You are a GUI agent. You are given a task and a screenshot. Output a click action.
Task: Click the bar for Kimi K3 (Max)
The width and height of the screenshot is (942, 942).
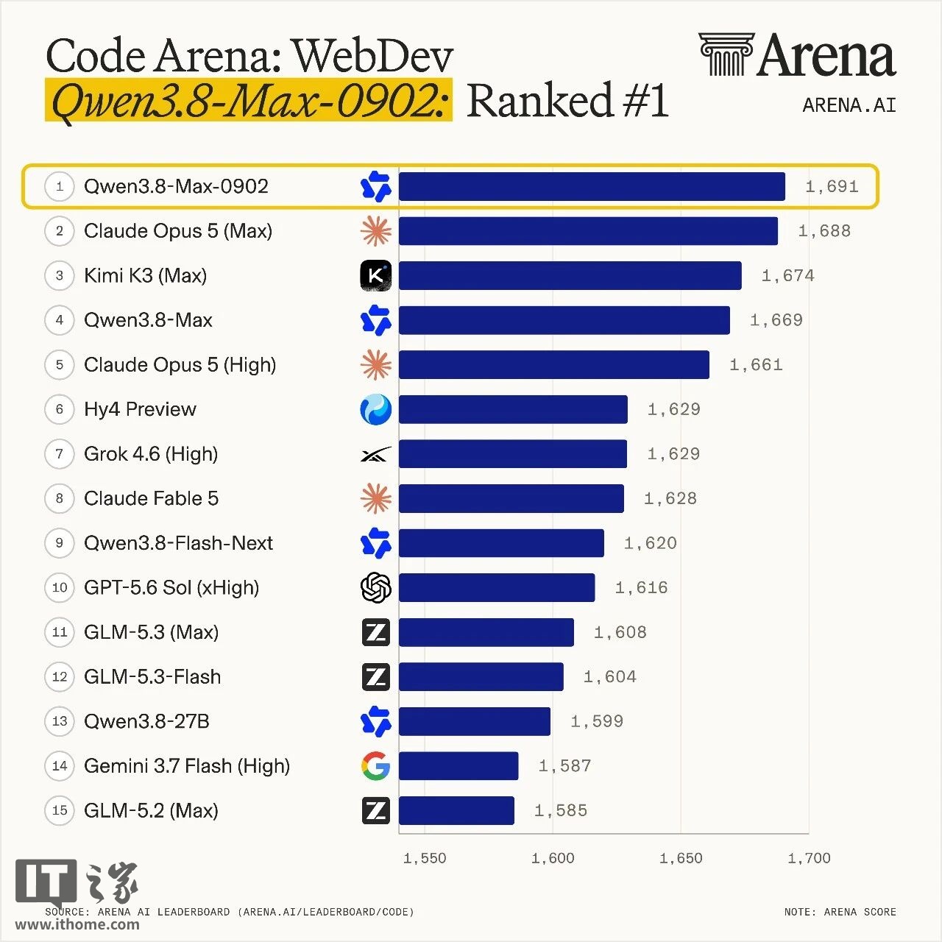(570, 276)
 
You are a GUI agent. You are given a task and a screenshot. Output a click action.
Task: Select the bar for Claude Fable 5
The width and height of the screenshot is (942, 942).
(511, 499)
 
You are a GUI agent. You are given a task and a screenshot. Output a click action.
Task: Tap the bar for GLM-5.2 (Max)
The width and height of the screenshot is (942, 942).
(456, 810)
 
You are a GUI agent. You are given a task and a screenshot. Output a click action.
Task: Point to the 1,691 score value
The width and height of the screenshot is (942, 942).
(832, 186)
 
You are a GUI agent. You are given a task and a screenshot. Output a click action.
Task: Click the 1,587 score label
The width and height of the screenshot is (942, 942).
(565, 765)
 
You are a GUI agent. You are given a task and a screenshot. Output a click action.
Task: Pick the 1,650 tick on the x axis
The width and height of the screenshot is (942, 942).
(681, 858)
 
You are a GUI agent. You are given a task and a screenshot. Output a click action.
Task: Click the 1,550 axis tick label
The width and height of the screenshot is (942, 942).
(425, 858)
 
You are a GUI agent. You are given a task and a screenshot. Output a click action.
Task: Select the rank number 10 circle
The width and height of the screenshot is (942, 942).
(60, 587)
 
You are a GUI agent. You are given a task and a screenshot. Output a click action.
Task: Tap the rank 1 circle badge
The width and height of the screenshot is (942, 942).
(60, 186)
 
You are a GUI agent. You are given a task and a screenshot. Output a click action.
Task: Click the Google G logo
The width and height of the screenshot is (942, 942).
(376, 766)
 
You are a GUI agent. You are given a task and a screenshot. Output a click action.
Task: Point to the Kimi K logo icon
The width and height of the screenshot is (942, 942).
(376, 276)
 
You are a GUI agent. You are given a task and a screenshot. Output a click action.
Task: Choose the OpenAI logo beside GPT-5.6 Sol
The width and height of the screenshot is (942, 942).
(376, 587)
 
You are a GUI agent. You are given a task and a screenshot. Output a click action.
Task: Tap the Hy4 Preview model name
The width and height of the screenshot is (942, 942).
(140, 410)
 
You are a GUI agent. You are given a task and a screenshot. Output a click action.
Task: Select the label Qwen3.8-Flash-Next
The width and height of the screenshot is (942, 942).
(178, 543)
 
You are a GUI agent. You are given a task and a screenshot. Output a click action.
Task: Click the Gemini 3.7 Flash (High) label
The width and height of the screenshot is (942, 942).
(187, 766)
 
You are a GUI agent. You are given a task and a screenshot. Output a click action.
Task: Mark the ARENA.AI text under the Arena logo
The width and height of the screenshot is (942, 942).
(849, 105)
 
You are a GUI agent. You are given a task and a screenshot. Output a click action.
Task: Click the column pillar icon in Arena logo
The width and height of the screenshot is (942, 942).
(726, 54)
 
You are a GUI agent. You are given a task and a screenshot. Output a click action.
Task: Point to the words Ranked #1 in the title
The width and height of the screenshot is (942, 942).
(567, 100)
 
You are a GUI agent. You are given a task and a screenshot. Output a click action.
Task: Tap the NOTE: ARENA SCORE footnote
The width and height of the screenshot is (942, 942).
(840, 912)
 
